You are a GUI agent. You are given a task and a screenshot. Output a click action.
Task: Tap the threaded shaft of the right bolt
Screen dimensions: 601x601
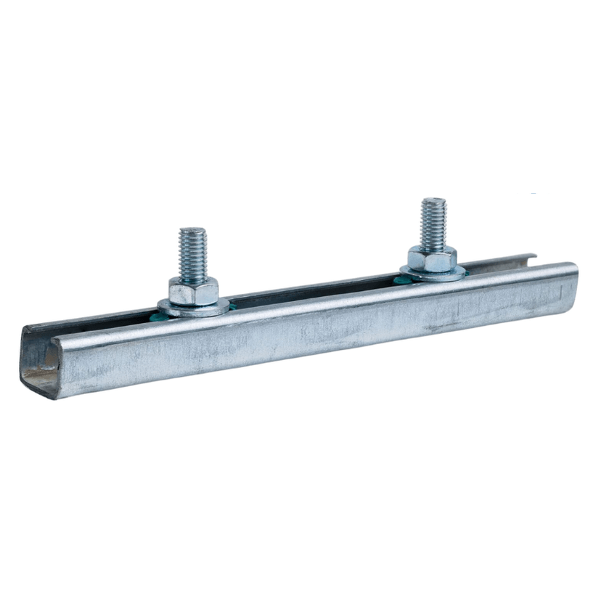(x=433, y=221)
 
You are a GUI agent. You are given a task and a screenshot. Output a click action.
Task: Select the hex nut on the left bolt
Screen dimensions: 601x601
(x=194, y=290)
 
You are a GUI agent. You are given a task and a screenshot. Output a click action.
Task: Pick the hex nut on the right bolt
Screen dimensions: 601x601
(x=432, y=258)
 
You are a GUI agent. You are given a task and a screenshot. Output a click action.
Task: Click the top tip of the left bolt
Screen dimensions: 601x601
(x=193, y=231)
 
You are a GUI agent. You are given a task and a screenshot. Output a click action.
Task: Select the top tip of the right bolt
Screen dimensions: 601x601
(x=433, y=200)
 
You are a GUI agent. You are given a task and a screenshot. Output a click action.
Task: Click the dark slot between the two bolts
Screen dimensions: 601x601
(x=312, y=290)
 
